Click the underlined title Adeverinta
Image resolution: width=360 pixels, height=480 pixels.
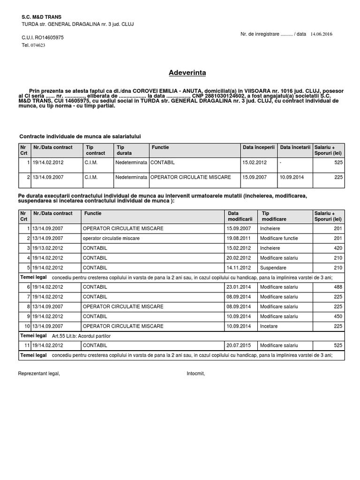(x=187, y=73)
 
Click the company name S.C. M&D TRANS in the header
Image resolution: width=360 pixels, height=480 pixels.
(x=41, y=17)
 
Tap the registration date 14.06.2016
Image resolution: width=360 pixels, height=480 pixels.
(x=321, y=34)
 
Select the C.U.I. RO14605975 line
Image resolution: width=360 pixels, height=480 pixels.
(x=43, y=37)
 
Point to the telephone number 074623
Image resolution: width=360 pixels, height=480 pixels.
(x=38, y=45)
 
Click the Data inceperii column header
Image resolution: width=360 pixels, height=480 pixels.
(x=258, y=147)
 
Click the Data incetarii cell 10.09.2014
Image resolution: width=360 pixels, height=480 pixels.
(x=292, y=177)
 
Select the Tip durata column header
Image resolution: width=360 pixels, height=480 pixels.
(x=124, y=150)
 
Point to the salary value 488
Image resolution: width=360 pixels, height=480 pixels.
(x=338, y=287)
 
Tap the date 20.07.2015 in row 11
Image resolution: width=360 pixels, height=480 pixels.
(x=239, y=345)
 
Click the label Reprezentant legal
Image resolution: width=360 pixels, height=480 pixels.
(x=39, y=374)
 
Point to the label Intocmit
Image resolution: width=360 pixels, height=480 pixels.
(x=196, y=374)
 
